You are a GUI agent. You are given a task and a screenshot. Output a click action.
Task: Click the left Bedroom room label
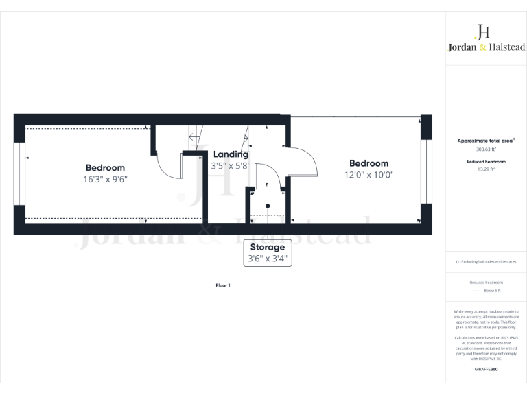(105, 167)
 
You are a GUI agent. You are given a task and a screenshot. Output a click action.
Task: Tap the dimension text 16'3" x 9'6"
(105, 179)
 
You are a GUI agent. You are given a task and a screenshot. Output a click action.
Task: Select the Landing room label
(231, 154)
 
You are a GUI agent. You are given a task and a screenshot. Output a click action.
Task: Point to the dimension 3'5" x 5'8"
(230, 165)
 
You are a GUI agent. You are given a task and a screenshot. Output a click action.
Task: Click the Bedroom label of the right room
(368, 163)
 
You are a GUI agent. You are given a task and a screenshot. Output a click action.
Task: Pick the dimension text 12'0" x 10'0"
(368, 174)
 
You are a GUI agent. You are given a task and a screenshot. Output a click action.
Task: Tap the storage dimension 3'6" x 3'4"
(269, 259)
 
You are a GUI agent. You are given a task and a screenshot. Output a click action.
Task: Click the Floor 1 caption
(222, 285)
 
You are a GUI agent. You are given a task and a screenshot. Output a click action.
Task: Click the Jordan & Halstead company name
(482, 47)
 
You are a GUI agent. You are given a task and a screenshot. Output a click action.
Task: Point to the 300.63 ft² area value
(486, 149)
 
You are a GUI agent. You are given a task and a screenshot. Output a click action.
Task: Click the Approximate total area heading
(487, 140)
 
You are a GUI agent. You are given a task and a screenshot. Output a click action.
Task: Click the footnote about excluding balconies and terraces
(486, 261)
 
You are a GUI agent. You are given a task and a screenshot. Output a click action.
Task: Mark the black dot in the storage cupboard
(268, 206)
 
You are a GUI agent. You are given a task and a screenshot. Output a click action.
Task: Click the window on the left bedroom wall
(20, 173)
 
